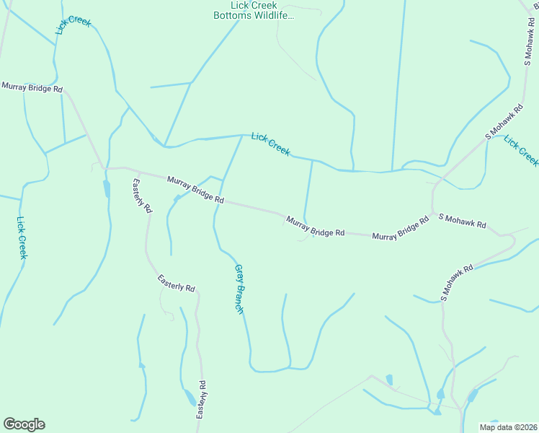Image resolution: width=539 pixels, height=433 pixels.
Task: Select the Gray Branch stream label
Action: (239, 289)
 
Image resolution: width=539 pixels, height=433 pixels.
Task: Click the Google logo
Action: (24, 424)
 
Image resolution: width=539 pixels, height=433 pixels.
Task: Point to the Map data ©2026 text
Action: (508, 427)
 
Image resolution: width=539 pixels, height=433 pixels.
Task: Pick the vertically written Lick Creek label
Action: (22, 237)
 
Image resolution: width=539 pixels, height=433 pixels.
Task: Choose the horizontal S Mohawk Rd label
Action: (462, 221)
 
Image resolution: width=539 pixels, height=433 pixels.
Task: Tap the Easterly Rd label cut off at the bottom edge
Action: (202, 401)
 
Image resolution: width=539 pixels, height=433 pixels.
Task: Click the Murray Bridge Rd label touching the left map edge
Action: (32, 87)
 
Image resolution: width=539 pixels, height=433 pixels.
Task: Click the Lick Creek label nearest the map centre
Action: (271, 144)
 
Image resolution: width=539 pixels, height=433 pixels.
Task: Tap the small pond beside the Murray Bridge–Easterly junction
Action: (107, 188)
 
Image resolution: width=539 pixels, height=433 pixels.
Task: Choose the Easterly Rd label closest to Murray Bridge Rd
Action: (141, 195)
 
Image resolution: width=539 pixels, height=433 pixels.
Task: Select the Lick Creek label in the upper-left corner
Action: (73, 25)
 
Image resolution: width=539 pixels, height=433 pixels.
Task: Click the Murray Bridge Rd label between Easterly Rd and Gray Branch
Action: (195, 189)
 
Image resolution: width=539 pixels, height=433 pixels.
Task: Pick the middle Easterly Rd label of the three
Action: (177, 282)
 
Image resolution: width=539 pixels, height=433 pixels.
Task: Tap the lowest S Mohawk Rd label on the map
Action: (457, 282)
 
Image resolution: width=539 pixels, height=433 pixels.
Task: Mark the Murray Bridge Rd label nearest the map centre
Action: (315, 226)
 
